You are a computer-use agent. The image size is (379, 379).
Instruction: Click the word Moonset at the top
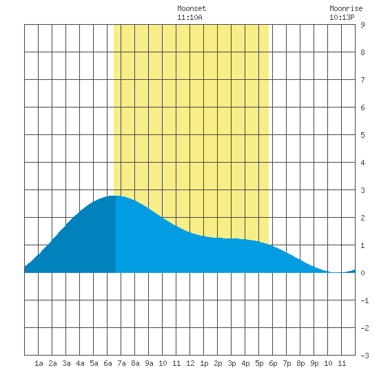tap(192, 8)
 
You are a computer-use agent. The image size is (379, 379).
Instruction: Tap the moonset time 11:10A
tap(189, 17)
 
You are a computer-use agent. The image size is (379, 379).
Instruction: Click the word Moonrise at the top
tap(346, 8)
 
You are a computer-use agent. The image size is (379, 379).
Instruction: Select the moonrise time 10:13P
tap(342, 17)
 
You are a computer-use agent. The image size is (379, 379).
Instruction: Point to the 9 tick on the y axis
tap(362, 25)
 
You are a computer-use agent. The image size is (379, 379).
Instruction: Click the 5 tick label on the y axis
tap(362, 135)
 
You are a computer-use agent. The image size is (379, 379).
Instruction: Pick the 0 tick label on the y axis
tap(362, 273)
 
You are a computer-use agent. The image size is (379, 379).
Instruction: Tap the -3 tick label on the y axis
tap(365, 356)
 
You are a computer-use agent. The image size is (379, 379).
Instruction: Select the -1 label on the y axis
tap(365, 300)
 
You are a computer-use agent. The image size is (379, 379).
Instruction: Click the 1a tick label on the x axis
tap(39, 363)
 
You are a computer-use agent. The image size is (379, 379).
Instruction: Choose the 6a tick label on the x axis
tap(107, 363)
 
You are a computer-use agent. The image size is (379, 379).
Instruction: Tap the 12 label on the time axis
tap(190, 363)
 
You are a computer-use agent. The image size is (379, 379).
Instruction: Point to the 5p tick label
tap(259, 363)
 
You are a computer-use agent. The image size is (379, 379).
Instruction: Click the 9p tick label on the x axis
tap(314, 363)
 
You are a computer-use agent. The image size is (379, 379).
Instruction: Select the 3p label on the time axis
tap(232, 363)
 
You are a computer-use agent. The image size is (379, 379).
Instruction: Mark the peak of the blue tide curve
tap(115, 196)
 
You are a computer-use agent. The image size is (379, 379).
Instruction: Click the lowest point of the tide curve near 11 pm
tap(336, 272)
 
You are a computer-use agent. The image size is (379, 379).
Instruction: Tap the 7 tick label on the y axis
tap(362, 80)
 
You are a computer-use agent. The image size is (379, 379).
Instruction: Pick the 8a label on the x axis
tap(135, 363)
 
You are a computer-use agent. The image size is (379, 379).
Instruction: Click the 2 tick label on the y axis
tap(362, 218)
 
